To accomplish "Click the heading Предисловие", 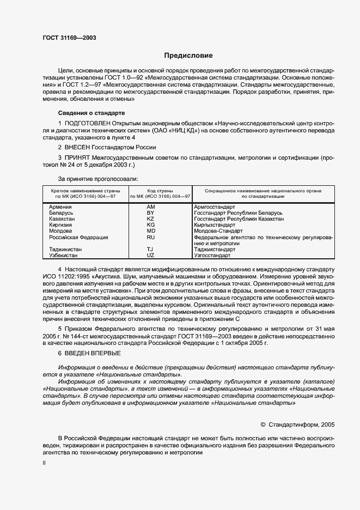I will (188, 56).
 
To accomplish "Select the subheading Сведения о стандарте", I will (91, 113).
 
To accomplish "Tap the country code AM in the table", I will (151, 207).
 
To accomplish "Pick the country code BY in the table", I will (151, 213).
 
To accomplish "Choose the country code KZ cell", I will (151, 219).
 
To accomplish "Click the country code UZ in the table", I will (151, 256).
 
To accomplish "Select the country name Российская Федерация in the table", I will (78, 238).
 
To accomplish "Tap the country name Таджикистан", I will (65, 250).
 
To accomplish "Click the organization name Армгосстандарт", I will (215, 207).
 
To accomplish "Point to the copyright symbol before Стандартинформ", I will (263, 424).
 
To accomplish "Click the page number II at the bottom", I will (44, 463).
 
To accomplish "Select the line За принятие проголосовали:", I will (98, 179).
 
